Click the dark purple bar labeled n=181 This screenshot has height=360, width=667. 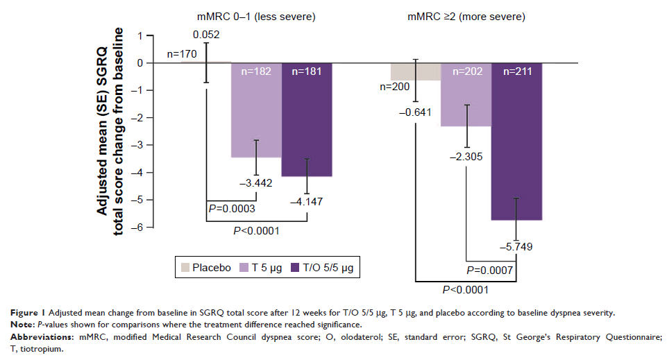tap(307, 125)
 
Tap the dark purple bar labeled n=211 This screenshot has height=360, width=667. tap(517, 146)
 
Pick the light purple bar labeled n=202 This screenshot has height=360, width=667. tap(466, 97)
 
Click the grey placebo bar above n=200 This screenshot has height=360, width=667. tap(415, 71)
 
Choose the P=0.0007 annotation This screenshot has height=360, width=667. tap(489, 270)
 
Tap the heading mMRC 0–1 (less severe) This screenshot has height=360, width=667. tap(257, 15)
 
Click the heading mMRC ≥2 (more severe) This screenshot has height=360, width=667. tap(466, 15)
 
